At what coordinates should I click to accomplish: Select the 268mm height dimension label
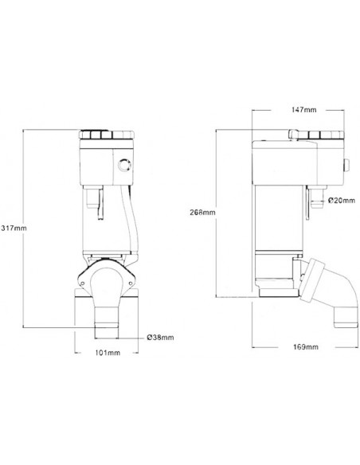point(204,213)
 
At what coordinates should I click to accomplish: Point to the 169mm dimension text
point(305,347)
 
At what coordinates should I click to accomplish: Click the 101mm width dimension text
point(108,351)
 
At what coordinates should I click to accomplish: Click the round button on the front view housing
point(123,166)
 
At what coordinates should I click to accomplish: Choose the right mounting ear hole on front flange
point(131,280)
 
